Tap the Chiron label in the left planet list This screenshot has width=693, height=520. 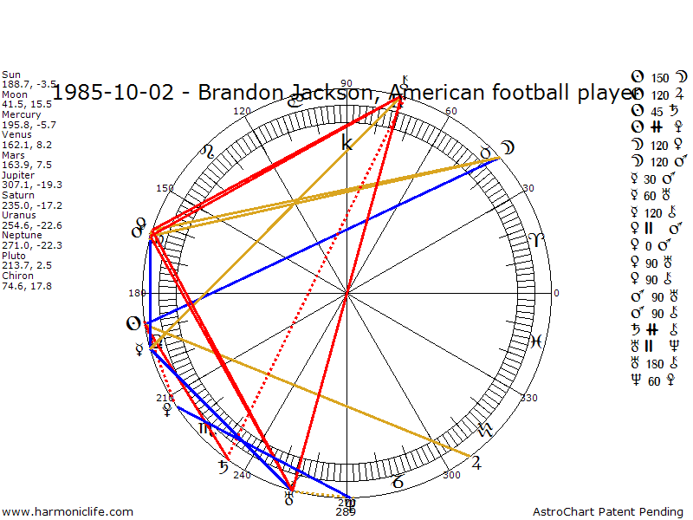pyautogui.click(x=16, y=276)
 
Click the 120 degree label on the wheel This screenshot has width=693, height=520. pyautogui.click(x=243, y=111)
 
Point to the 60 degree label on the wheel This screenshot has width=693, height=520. pyautogui.click(x=450, y=111)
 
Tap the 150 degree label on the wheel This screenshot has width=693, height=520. pyautogui.click(x=165, y=188)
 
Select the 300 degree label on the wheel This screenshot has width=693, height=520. pyautogui.click(x=450, y=475)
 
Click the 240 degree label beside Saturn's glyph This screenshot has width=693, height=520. pyautogui.click(x=242, y=474)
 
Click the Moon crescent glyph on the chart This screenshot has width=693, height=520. pyautogui.click(x=509, y=149)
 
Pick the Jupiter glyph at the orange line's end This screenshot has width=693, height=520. pyautogui.click(x=475, y=461)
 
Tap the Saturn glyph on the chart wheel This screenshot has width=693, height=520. pyautogui.click(x=223, y=468)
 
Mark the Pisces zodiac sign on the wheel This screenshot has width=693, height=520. pyautogui.click(x=536, y=341)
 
